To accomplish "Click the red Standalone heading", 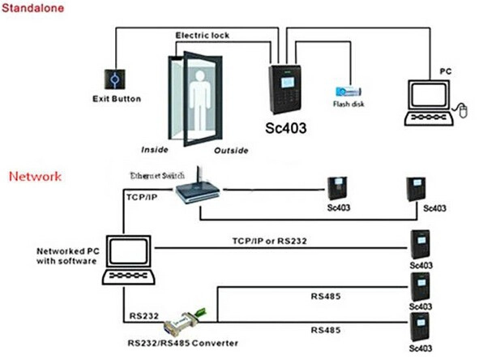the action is coord(32,8).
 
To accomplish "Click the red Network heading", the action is coord(35,177).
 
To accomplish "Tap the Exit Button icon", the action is coord(115,79).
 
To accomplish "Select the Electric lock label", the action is coord(203,36).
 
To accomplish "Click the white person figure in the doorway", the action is coord(200,99).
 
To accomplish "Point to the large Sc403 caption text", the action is coord(285,128).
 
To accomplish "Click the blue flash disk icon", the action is coord(349,92).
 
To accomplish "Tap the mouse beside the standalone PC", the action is coord(463,110).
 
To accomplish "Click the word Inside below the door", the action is coord(155,150).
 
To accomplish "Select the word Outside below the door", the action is coord(231,150).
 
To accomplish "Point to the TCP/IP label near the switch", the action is coord(142,197).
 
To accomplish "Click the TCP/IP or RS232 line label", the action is coord(269,241).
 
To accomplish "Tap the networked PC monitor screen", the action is coord(128,251).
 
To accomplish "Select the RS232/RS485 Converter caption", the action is coord(182,343).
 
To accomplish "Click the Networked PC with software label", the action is coord(68,256).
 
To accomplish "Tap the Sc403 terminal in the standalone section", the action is coord(284,89).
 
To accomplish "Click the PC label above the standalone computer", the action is coord(446,71).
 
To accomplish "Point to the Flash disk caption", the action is coord(349,105).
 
